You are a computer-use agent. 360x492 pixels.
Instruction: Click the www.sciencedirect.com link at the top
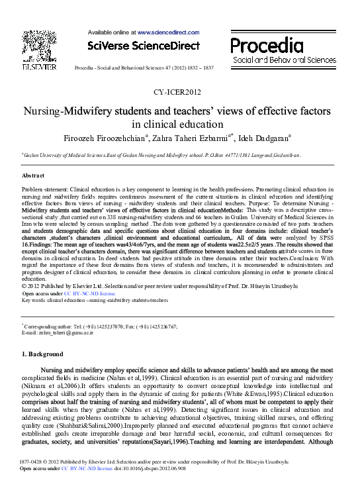coord(168,32)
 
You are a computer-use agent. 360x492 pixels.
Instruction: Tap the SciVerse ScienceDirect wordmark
coord(144,46)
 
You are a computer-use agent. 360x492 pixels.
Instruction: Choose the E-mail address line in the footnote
coord(65,332)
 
